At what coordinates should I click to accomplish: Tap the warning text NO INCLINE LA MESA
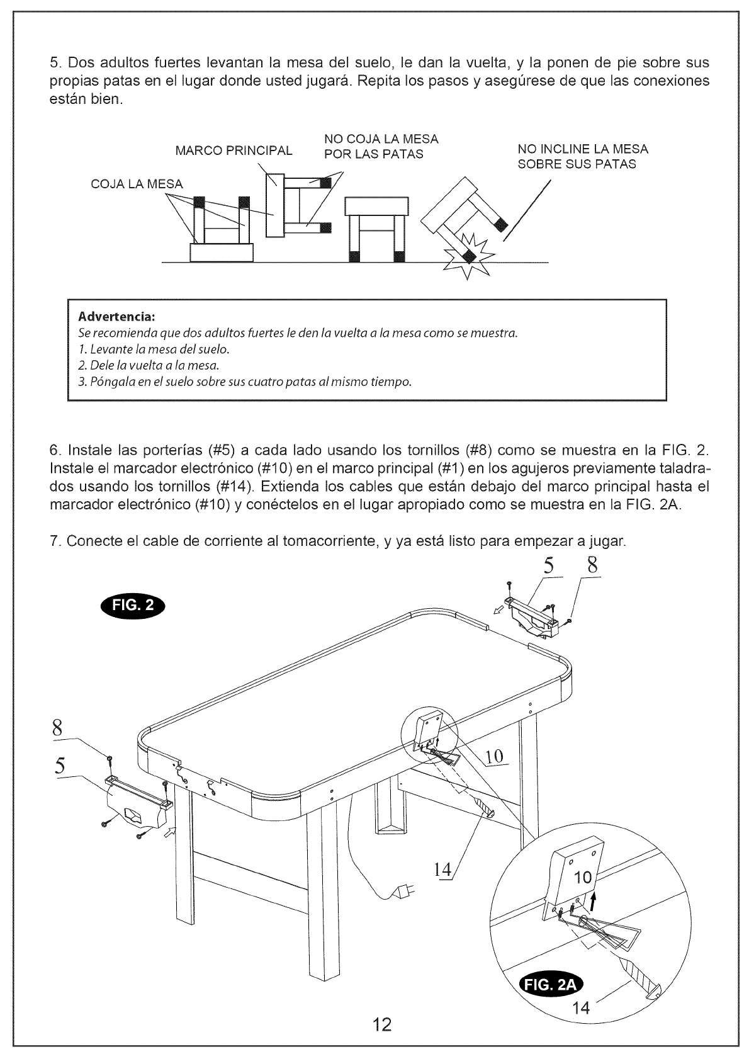coord(582,149)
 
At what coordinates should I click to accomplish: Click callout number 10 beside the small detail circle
coord(496,756)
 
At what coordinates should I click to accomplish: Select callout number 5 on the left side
coord(60,766)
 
